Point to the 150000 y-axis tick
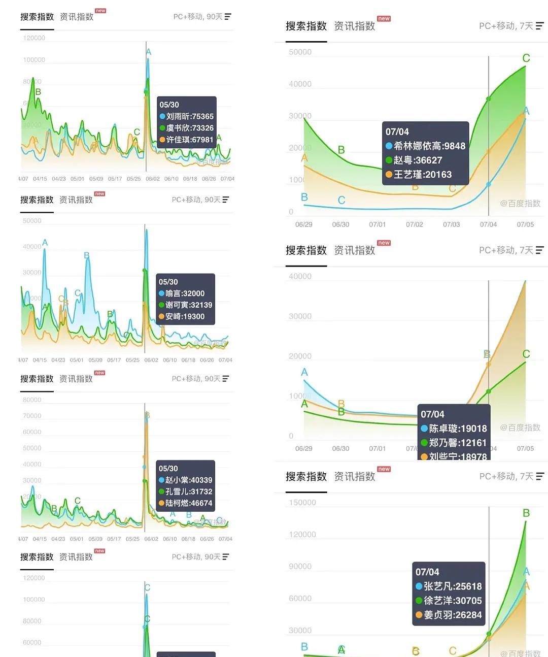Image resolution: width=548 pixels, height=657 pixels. coord(302,503)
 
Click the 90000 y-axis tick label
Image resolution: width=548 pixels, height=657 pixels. coord(300,567)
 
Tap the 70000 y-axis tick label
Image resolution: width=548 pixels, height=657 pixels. coord(32,416)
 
